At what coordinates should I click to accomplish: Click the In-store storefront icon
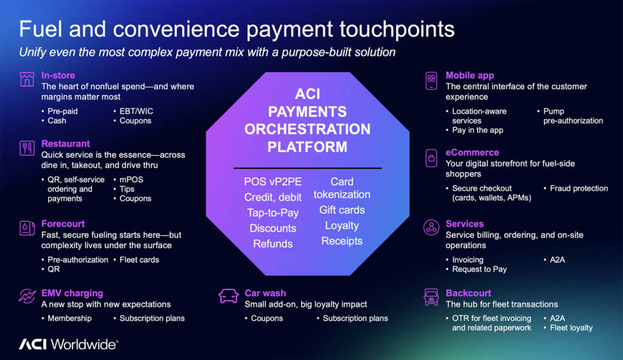(27, 79)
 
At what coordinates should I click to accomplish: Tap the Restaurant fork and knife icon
(27, 148)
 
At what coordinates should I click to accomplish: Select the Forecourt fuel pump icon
(27, 228)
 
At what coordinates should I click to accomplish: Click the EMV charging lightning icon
(27, 296)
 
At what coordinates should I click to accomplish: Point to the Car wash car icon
(229, 296)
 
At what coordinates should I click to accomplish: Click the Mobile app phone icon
(431, 81)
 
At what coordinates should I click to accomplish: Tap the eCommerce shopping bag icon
(431, 158)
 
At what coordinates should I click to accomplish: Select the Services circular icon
(431, 227)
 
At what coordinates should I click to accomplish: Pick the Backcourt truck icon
(431, 297)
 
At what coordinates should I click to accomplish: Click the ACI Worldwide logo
(68, 344)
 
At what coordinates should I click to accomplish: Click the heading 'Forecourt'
(63, 224)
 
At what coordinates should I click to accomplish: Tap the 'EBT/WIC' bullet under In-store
(136, 111)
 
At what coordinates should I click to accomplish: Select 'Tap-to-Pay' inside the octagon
(273, 213)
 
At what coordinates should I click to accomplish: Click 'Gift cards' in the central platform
(342, 210)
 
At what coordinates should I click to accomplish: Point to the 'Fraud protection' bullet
(579, 189)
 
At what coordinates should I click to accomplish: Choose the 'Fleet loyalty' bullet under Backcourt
(571, 328)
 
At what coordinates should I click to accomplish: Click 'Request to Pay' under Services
(479, 269)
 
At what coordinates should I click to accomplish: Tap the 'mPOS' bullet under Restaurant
(131, 179)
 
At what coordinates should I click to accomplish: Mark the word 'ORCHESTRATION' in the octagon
(307, 129)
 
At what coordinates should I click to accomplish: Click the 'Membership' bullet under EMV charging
(69, 318)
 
